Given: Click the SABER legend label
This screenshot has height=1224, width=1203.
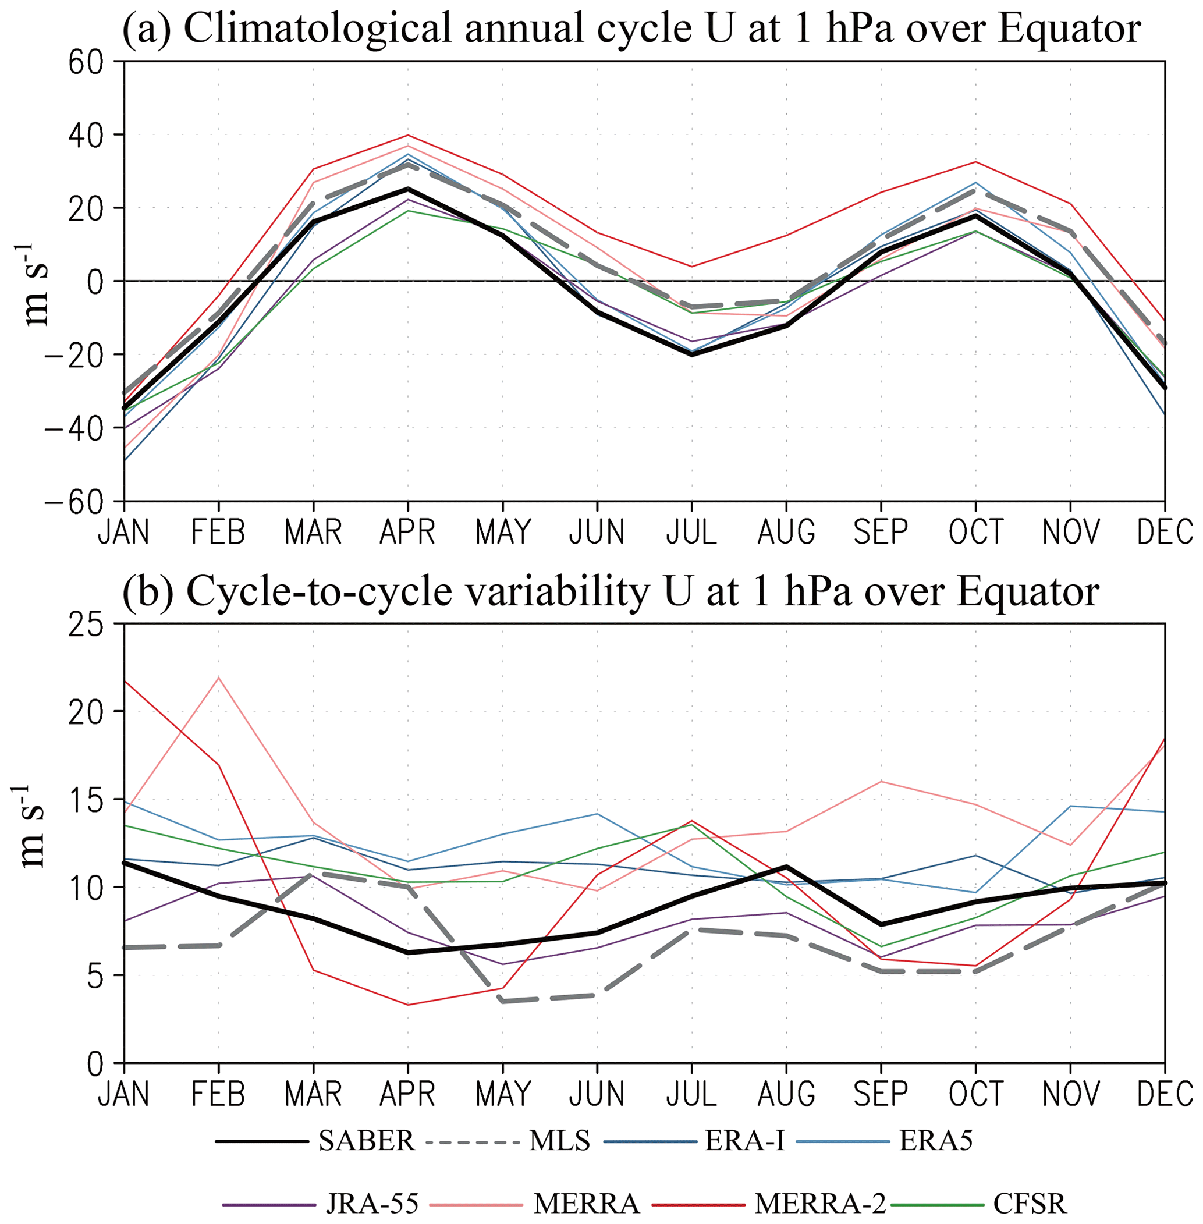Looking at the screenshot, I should click(x=367, y=1141).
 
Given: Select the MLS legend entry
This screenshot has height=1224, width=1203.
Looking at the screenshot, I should click(x=560, y=1141).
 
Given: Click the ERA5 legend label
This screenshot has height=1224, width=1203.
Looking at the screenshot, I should click(x=936, y=1141).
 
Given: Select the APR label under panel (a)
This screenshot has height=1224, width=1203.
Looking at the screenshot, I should click(x=407, y=533).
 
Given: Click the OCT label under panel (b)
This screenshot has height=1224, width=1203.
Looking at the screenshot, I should click(x=975, y=1094).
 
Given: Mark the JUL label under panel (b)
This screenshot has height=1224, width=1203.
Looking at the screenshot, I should click(x=692, y=1094).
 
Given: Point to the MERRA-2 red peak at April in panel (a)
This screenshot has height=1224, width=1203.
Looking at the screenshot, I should click(x=408, y=135).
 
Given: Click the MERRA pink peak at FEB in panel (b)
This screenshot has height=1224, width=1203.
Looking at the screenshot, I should click(x=219, y=677).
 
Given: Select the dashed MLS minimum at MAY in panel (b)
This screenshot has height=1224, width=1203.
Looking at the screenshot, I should click(x=503, y=1002).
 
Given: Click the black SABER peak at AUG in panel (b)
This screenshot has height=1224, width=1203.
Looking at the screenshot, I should click(x=787, y=866).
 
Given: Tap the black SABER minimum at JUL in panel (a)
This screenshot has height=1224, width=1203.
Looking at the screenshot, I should click(x=692, y=354).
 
